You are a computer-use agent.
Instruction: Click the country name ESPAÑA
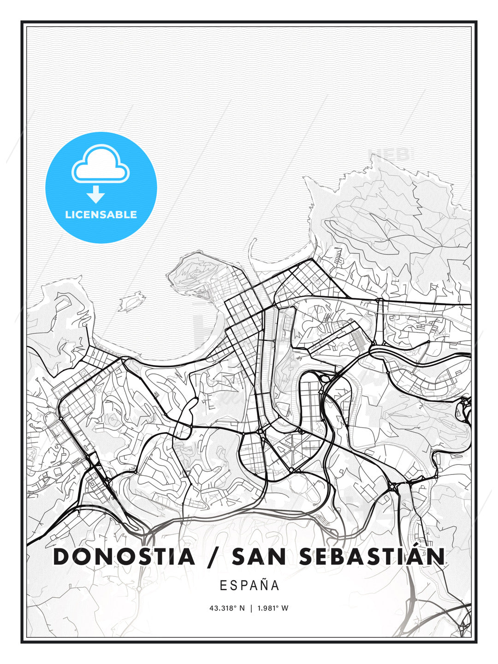[x=249, y=585]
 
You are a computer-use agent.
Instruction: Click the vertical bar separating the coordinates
[x=251, y=608]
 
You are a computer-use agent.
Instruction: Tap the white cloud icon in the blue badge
[x=101, y=165]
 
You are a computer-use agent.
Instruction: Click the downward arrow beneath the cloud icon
[x=96, y=195]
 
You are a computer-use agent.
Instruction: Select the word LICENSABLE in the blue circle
[x=101, y=215]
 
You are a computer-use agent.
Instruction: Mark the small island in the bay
[x=130, y=302]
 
